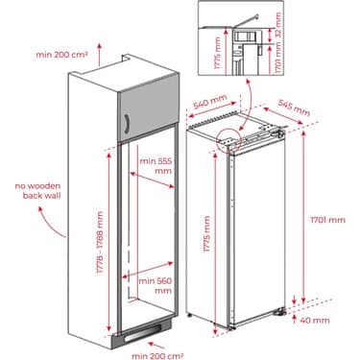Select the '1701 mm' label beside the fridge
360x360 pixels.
coord(326,220)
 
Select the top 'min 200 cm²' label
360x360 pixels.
coord(61,57)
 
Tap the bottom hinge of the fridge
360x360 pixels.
coord(278,309)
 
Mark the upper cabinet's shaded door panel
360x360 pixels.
coord(149,111)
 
